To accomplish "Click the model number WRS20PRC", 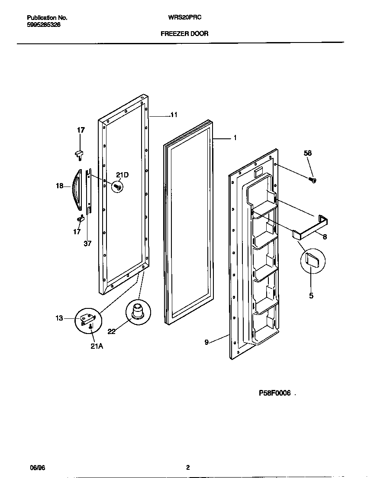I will pyautogui.click(x=184, y=18).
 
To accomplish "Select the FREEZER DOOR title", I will pyautogui.click(x=184, y=33).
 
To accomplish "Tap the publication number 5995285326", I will pyautogui.click(x=44, y=25).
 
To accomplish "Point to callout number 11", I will pyautogui.click(x=174, y=115).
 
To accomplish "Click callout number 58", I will pyautogui.click(x=307, y=153).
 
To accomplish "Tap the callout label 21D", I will pyautogui.click(x=122, y=175).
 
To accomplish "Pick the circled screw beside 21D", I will pyautogui.click(x=117, y=187).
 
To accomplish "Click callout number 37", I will pyautogui.click(x=87, y=243).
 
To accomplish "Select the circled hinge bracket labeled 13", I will pyautogui.click(x=88, y=320).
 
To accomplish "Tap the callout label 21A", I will pyautogui.click(x=97, y=346).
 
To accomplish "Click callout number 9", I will pyautogui.click(x=207, y=342).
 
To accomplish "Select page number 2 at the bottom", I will pyautogui.click(x=188, y=468).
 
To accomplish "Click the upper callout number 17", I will pyautogui.click(x=81, y=130).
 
